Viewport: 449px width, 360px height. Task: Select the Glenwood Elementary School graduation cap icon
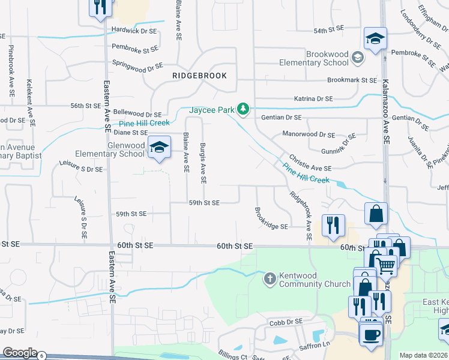(159, 147)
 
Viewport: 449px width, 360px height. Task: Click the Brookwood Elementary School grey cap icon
(358, 58)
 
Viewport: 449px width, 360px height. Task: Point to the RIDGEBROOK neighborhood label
(199, 76)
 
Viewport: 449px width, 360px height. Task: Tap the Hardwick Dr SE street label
(134, 31)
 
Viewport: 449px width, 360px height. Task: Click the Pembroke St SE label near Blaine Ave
(135, 48)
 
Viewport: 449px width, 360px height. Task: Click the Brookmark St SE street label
(351, 80)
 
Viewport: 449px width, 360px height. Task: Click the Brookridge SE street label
(271, 219)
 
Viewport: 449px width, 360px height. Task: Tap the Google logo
(20, 353)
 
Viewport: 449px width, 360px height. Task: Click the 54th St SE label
(328, 29)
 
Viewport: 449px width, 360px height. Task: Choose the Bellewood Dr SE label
(137, 113)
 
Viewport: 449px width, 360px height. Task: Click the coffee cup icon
(370, 334)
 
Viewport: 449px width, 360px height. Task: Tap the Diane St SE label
(130, 132)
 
